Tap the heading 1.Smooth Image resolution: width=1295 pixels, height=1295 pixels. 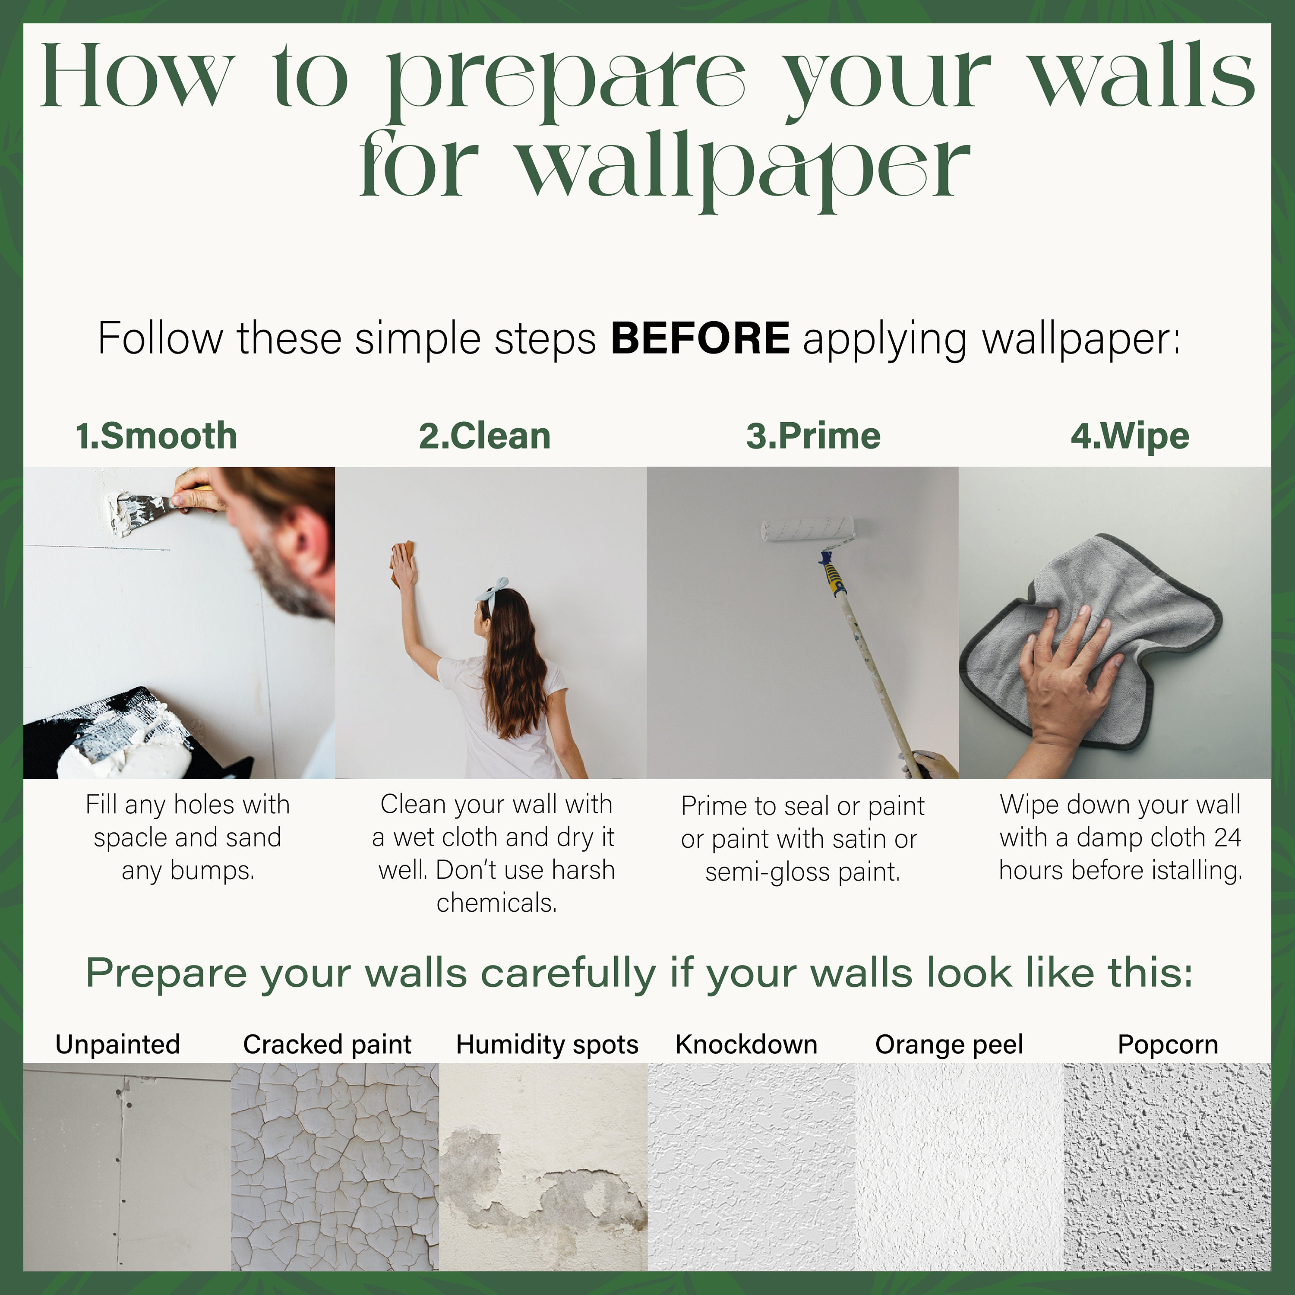[x=156, y=436]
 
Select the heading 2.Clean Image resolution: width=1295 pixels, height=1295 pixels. [x=485, y=436]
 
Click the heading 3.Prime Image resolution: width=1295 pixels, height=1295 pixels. [x=813, y=436]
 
